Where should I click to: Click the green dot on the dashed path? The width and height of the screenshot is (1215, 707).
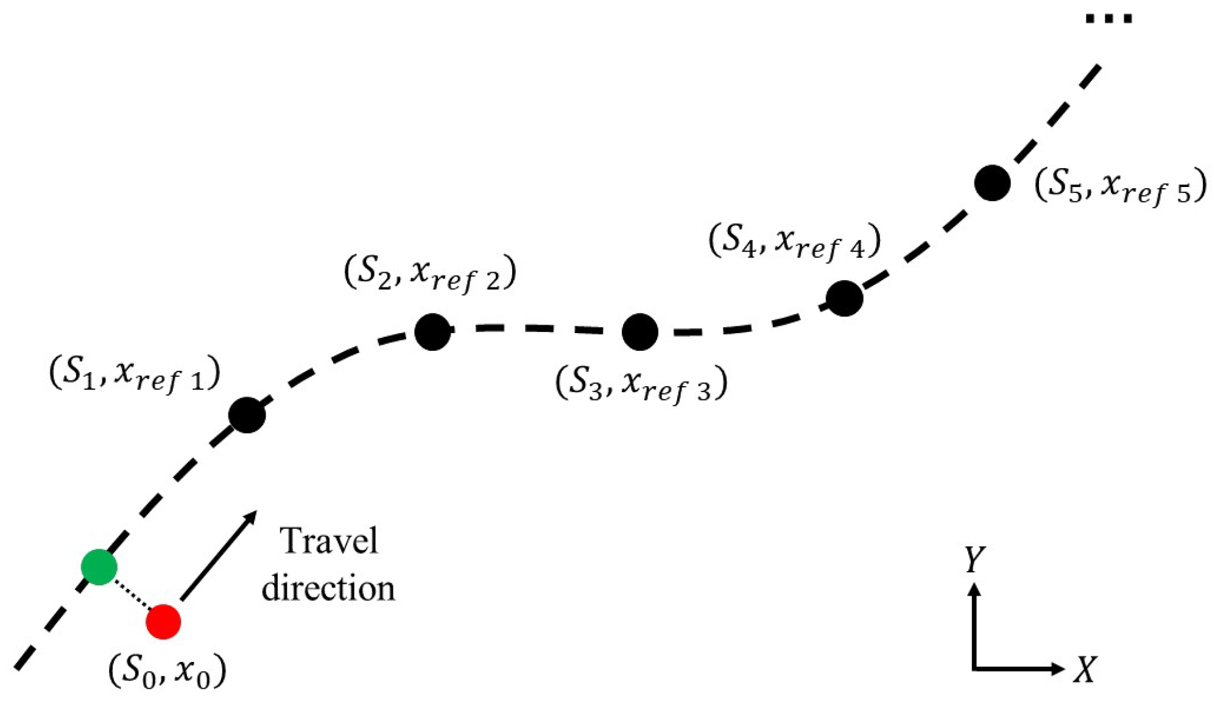click(99, 567)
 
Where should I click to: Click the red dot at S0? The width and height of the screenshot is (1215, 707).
click(163, 622)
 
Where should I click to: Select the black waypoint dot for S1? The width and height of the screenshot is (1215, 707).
click(247, 415)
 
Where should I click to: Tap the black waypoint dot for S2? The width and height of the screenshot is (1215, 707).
click(432, 332)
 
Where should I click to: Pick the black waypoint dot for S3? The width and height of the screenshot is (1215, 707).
click(640, 332)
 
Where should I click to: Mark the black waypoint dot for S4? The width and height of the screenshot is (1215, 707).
click(845, 298)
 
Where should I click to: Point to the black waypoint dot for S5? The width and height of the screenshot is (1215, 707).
click(993, 183)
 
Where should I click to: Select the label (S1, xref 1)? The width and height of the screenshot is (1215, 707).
click(135, 373)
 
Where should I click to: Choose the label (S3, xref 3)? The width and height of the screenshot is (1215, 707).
click(641, 384)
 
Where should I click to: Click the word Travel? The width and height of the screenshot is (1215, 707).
click(329, 541)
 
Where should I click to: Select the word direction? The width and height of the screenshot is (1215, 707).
click(328, 589)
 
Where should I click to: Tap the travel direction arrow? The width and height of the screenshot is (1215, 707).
click(219, 555)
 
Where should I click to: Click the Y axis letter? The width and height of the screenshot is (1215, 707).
click(974, 558)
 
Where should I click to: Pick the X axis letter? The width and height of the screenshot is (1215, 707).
click(1085, 669)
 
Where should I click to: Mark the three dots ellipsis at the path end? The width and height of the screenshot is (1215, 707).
click(1109, 19)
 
